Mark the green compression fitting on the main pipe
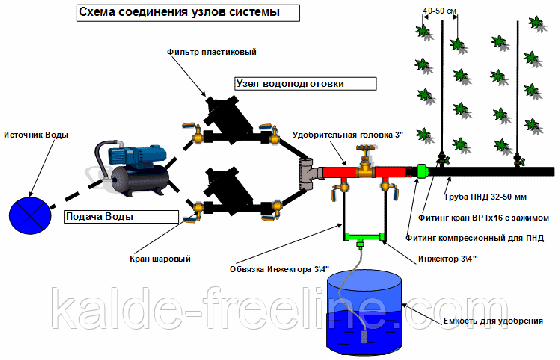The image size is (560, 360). tap(422, 171)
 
